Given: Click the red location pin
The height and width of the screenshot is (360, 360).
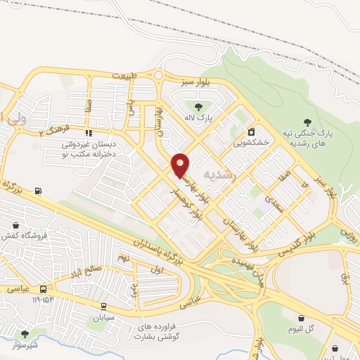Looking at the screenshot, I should point(181,165).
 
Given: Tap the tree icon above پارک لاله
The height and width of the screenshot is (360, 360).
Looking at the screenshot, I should point(198,107).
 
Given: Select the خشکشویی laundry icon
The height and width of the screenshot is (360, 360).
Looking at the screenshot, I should point(251,132).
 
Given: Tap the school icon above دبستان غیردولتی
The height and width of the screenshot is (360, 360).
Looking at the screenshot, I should point(89,133).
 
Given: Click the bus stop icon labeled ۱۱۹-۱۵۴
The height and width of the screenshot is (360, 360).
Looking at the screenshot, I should point(44,289).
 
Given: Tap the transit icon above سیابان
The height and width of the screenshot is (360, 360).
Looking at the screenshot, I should point(104,306).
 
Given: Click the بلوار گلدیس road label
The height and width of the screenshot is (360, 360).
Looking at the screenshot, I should point(288,242).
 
